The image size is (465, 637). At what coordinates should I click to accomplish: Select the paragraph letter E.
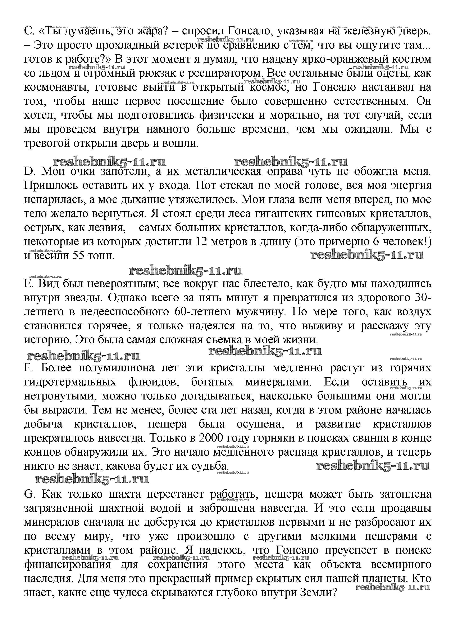[28, 284]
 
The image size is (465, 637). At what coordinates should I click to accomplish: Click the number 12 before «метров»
[210, 242]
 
